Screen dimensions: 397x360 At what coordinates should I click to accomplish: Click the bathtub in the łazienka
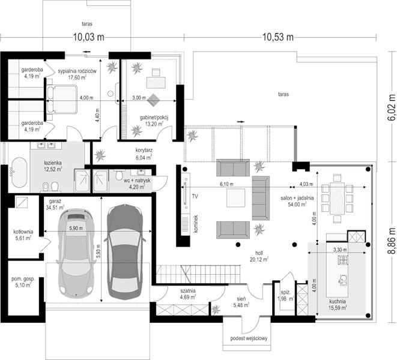pyautogui.click(x=19, y=173)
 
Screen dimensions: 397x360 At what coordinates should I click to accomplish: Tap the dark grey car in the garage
pyautogui.click(x=125, y=252)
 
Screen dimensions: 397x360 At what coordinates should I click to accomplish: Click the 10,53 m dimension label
pyautogui.click(x=278, y=37)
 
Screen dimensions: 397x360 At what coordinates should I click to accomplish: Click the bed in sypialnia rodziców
pyautogui.click(x=61, y=99)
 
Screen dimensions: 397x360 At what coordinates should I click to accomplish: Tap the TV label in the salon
pyautogui.click(x=195, y=196)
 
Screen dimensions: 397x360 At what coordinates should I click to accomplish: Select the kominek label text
pyautogui.click(x=195, y=224)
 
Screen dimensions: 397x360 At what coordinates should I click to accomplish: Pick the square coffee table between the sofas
pyautogui.click(x=235, y=198)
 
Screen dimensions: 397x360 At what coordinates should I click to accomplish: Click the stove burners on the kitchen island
pyautogui.click(x=343, y=260)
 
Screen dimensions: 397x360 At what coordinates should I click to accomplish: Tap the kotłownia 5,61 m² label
pyautogui.click(x=23, y=235)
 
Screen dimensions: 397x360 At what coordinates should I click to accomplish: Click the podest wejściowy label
pyautogui.click(x=249, y=338)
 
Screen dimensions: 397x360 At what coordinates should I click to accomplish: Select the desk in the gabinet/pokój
pyautogui.click(x=156, y=82)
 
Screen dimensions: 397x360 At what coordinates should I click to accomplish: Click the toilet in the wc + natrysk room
pyautogui.click(x=118, y=175)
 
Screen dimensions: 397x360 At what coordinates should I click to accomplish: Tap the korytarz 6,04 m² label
pyautogui.click(x=144, y=154)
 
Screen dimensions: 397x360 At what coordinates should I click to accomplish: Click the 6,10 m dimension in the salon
pyautogui.click(x=226, y=184)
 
